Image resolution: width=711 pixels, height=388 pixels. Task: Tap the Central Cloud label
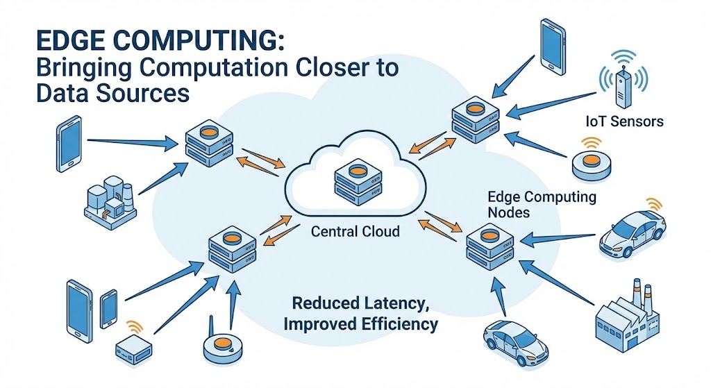pos(355,230)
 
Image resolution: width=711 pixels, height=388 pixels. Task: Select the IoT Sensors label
pos(624,121)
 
